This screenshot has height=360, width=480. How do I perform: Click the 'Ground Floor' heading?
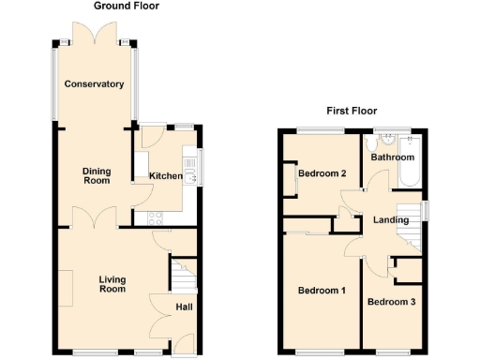point(127,6)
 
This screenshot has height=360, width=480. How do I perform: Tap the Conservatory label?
point(94,84)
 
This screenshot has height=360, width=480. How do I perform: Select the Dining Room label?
point(96,175)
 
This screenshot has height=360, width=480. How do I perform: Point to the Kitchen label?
point(165,176)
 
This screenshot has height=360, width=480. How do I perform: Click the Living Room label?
point(112,284)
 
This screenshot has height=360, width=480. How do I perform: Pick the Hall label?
point(184,307)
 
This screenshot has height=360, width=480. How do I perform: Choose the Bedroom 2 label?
point(322,173)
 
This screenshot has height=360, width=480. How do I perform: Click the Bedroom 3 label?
point(390,302)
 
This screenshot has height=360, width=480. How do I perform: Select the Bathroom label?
point(392,157)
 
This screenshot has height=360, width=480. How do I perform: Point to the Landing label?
point(391,220)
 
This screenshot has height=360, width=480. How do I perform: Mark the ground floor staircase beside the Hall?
point(182,278)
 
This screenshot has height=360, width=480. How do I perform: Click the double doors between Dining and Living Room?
point(96,220)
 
